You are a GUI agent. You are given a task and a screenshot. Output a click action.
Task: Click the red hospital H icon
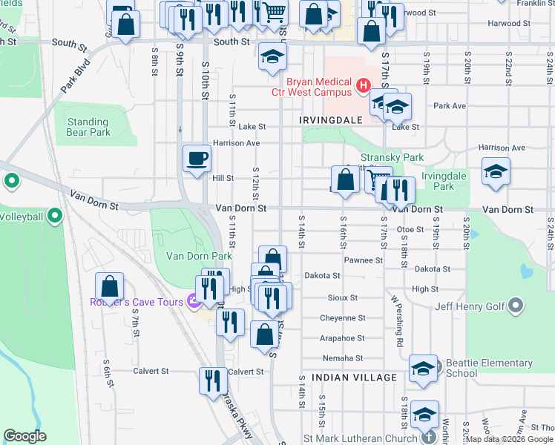pyautogui.click(x=364, y=86)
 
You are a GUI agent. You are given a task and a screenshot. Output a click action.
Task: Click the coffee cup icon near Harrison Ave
pyautogui.click(x=197, y=159)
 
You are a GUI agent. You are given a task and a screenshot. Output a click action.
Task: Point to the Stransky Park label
pyautogui.click(x=392, y=157)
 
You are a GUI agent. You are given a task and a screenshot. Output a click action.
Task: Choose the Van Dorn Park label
pyautogui.click(x=199, y=256)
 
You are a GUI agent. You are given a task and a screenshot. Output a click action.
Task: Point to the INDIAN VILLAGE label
pyautogui.click(x=354, y=378)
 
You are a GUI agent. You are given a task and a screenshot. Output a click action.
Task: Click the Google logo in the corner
pyautogui.click(x=24, y=435)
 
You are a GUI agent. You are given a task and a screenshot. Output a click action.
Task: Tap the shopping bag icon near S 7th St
pyautogui.click(x=110, y=286)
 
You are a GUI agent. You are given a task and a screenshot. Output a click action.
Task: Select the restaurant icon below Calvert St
pyautogui.click(x=214, y=380)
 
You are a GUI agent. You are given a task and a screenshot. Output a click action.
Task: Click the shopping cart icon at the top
pyautogui.click(x=274, y=12)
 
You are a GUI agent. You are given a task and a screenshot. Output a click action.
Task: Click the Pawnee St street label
pyautogui.click(x=364, y=260)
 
